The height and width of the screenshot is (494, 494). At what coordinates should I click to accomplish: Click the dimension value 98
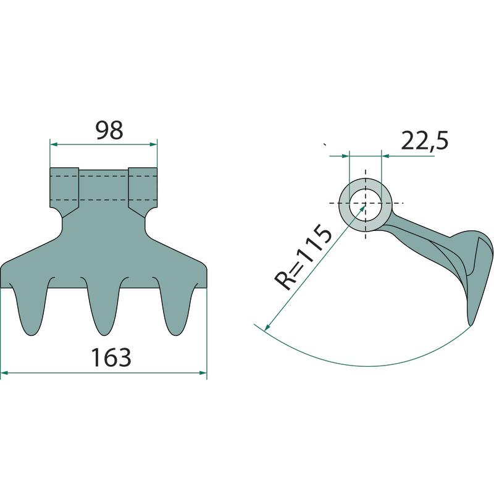[109, 130]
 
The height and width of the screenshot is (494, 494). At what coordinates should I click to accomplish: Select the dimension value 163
[111, 358]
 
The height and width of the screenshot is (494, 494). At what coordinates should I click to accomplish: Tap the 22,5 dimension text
[425, 141]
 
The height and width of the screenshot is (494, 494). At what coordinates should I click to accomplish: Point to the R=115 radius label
[303, 257]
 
